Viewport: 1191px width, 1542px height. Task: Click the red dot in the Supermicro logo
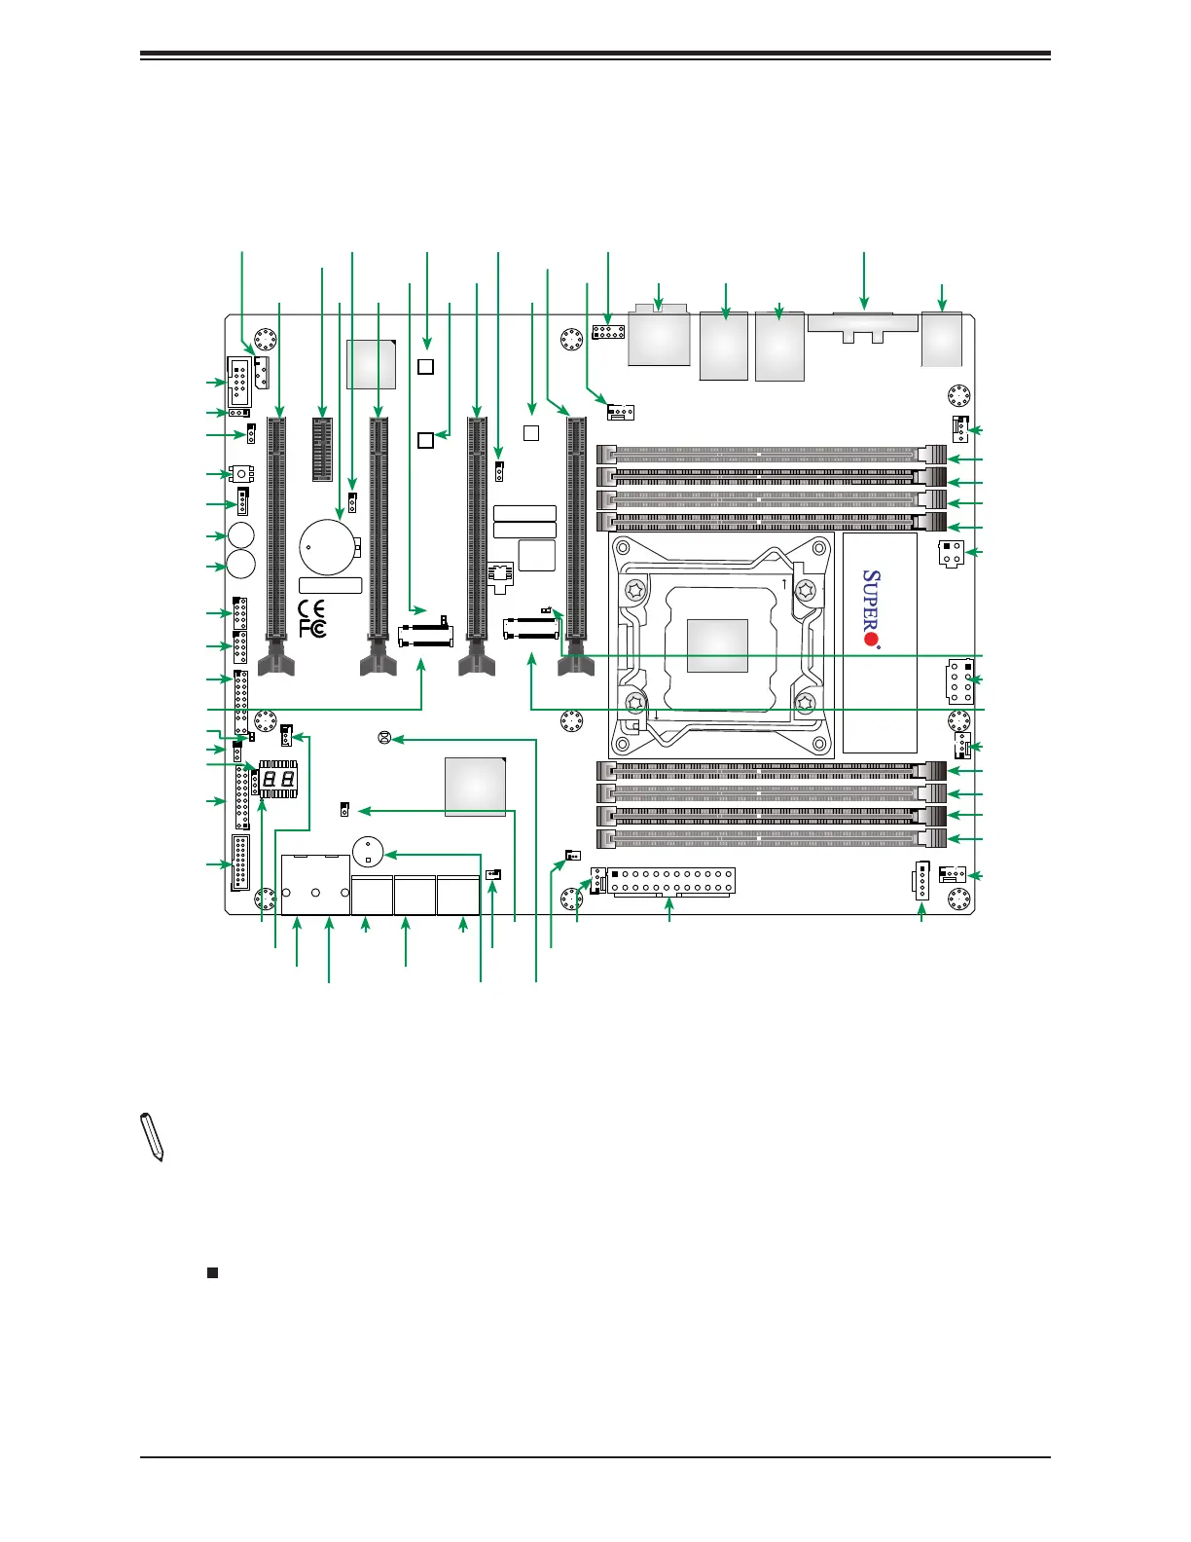coord(873,641)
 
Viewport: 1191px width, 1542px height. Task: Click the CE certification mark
coord(311,610)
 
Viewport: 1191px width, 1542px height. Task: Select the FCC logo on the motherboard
coord(311,629)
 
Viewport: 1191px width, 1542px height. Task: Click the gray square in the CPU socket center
coord(718,645)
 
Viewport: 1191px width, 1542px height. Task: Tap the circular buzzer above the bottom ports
coord(367,852)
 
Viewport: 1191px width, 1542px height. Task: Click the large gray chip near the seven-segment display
coord(475,785)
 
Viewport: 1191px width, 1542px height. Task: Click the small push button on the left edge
coord(239,474)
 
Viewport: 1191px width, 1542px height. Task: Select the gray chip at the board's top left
coord(371,364)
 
